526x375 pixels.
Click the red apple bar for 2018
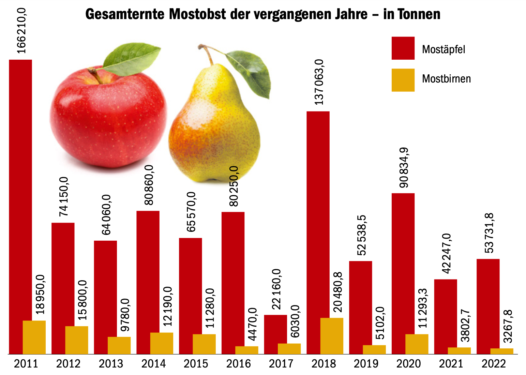tap(318, 232)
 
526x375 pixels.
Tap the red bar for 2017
tap(275, 334)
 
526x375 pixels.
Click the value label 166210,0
tap(21, 31)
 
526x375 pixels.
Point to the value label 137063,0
tap(319, 82)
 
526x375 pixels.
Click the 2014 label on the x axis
tap(153, 364)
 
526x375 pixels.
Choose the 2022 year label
tap(494, 364)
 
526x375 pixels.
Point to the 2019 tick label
tap(366, 364)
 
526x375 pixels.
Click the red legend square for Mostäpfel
tap(403, 48)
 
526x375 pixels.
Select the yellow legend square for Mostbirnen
tap(403, 80)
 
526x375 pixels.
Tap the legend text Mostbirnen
tap(446, 79)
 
